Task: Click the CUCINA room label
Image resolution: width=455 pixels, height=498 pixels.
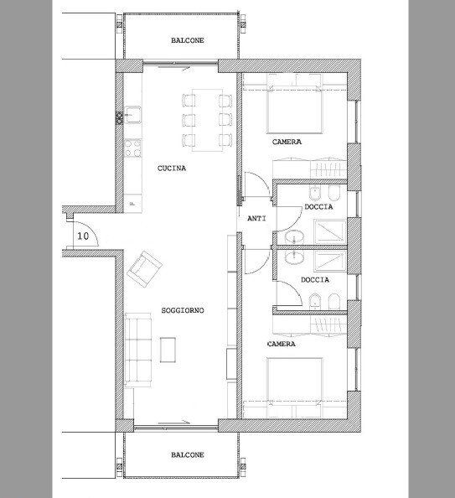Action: (x=172, y=169)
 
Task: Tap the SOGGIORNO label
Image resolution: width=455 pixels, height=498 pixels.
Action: (x=183, y=310)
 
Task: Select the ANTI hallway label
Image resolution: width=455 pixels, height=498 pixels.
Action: (x=256, y=219)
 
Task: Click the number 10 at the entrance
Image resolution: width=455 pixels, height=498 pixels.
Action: (x=83, y=236)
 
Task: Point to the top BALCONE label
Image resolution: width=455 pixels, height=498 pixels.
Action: (x=188, y=40)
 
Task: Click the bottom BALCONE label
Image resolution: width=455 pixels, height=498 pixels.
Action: (x=188, y=454)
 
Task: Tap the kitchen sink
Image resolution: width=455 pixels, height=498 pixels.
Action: (x=132, y=114)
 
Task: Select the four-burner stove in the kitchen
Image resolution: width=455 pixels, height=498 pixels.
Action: (x=132, y=148)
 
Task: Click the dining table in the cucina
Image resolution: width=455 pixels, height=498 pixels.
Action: (x=207, y=121)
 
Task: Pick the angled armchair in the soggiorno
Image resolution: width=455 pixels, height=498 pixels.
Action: (x=144, y=269)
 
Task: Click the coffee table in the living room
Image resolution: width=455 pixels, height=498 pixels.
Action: (x=168, y=350)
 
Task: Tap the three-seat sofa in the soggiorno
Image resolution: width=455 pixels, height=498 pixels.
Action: (x=137, y=350)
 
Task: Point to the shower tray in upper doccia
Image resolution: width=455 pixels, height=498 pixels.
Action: (x=329, y=231)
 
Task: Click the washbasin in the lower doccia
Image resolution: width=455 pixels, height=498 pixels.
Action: (x=294, y=257)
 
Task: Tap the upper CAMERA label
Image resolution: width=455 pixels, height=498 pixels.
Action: (x=287, y=142)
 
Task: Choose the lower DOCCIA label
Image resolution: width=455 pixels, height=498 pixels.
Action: (x=315, y=280)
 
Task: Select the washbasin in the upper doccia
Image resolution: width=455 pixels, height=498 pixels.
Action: (x=294, y=237)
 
